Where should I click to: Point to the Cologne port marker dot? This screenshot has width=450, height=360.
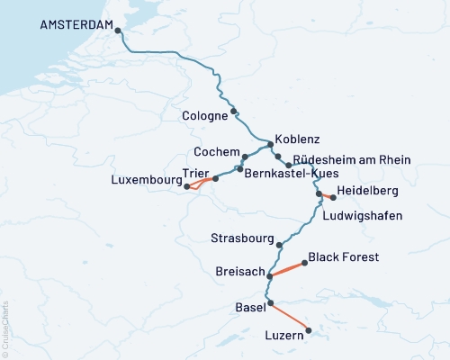(234, 112)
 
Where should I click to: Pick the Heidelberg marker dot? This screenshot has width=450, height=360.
(334, 197)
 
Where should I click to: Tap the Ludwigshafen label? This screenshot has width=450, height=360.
(362, 216)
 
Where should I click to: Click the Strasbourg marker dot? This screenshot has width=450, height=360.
(280, 245)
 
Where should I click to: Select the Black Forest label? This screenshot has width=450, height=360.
(343, 257)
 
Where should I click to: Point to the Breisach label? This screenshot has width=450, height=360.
(239, 271)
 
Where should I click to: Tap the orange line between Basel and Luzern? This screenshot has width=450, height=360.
(289, 317)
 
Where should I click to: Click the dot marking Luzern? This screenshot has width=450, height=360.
(308, 330)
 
